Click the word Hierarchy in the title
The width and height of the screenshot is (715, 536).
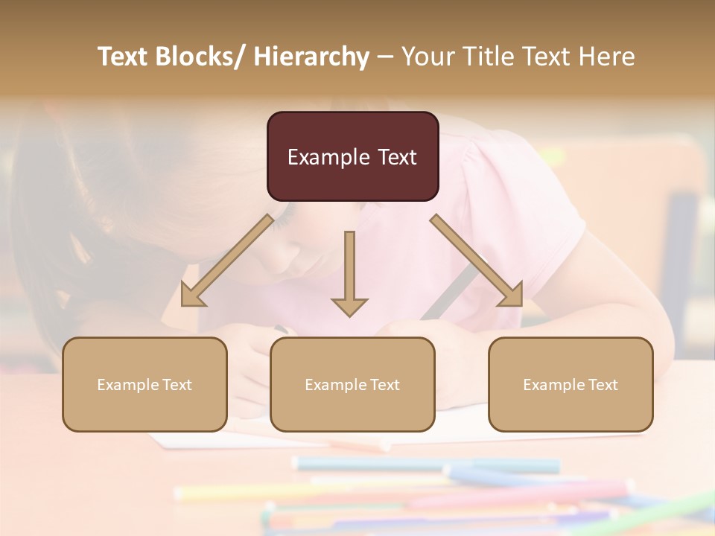tap(311, 57)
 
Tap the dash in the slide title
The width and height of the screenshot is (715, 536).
tap(385, 57)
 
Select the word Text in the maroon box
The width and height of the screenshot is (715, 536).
tap(395, 158)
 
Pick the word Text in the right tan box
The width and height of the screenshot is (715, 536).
tap(603, 385)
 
